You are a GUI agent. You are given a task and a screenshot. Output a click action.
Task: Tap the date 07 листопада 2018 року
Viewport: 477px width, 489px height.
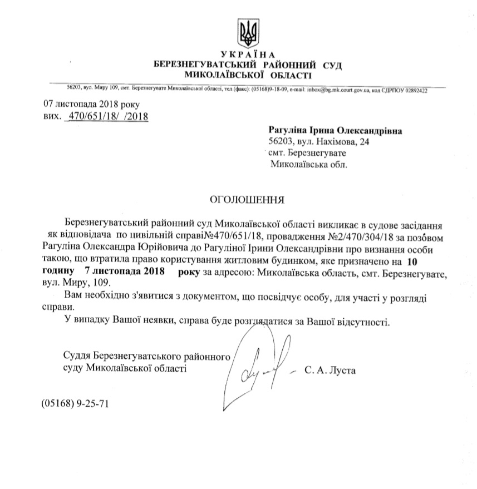tap(87, 105)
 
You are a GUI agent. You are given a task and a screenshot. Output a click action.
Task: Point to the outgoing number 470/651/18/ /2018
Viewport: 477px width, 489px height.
tap(107, 116)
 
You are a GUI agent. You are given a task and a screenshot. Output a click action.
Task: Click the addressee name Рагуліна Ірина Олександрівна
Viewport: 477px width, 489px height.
tap(335, 130)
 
